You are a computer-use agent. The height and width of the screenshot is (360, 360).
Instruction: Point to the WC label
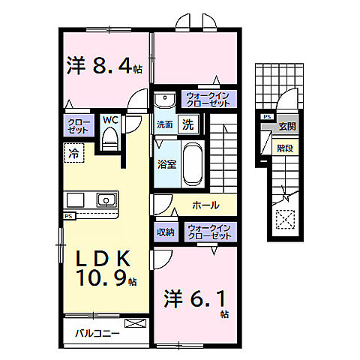[x=109, y=119]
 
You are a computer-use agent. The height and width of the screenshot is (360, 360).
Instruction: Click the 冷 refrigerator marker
[x=73, y=152]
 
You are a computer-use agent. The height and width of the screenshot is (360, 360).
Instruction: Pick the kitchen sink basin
[x=106, y=200]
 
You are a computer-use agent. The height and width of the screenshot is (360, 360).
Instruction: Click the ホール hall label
[x=206, y=204]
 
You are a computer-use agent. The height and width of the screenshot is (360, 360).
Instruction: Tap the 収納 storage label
[x=166, y=232]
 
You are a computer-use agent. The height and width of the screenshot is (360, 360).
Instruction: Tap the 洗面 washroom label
[x=165, y=125]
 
